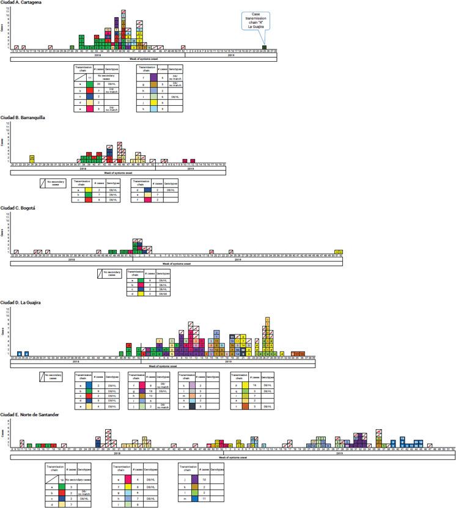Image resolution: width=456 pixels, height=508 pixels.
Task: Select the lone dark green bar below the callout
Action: click(263, 47)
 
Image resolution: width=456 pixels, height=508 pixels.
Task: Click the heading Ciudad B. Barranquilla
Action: click(22, 117)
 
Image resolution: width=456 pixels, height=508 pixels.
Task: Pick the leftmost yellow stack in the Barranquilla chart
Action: click(31, 159)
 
